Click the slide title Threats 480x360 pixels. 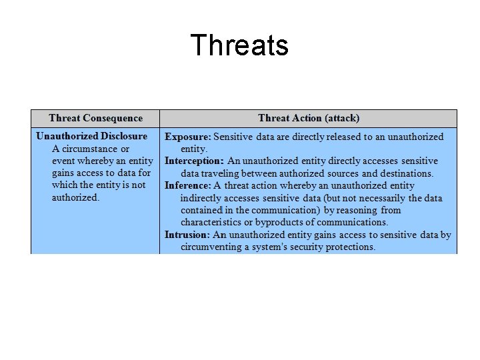239,45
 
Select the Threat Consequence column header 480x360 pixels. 95,118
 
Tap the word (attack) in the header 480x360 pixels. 343,118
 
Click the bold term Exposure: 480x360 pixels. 188,137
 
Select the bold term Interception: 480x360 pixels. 195,161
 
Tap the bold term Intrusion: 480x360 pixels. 187,235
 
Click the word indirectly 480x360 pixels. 203,198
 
